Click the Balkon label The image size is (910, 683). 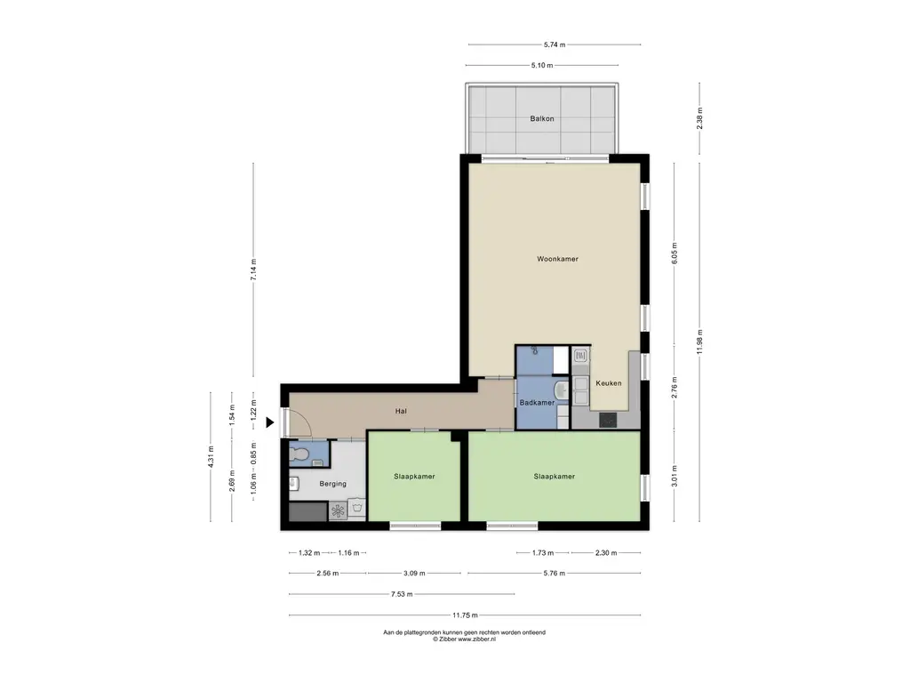(541, 118)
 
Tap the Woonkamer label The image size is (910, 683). (557, 259)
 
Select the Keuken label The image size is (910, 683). (608, 383)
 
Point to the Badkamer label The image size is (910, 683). (537, 403)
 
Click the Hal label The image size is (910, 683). (401, 411)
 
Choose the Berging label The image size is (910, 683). (332, 483)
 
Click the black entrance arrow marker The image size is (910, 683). (270, 422)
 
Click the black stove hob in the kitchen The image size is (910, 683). (608, 420)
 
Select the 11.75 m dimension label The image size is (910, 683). (466, 615)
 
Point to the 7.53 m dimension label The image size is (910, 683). (402, 594)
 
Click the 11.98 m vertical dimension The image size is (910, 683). (699, 341)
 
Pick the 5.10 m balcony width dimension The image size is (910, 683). (541, 66)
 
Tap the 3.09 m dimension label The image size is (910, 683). (414, 574)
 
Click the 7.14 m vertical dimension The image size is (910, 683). (253, 269)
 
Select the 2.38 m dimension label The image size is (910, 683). (699, 118)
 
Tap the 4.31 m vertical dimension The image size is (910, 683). (211, 456)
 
